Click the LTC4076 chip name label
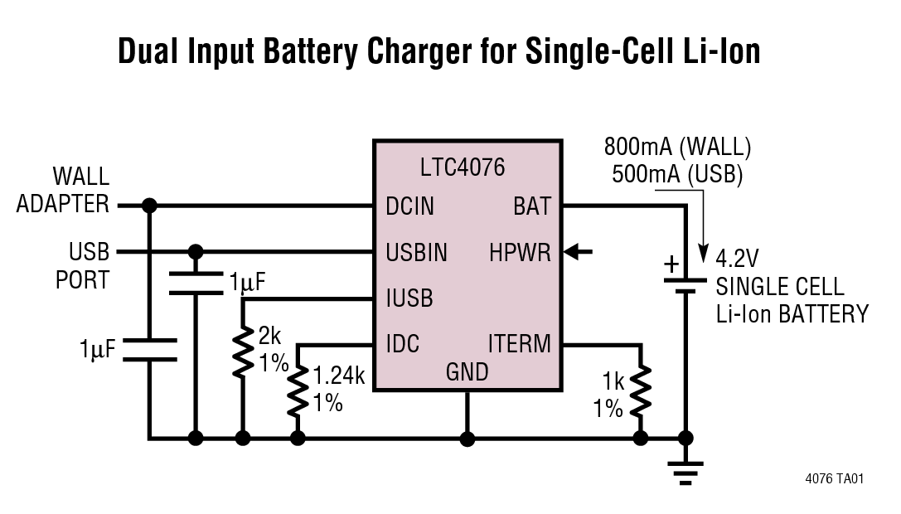click(x=462, y=168)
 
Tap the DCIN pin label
click(x=409, y=206)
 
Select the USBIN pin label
click(x=416, y=252)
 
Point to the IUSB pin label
click(x=409, y=298)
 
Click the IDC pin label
click(x=402, y=343)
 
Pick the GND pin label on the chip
click(x=467, y=372)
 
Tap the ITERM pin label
click(x=519, y=343)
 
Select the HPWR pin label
click(x=520, y=252)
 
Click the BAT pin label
click(x=531, y=206)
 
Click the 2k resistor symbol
click(x=242, y=353)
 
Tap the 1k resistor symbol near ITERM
click(x=639, y=393)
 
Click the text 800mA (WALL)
click(x=677, y=148)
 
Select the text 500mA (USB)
click(x=676, y=174)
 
